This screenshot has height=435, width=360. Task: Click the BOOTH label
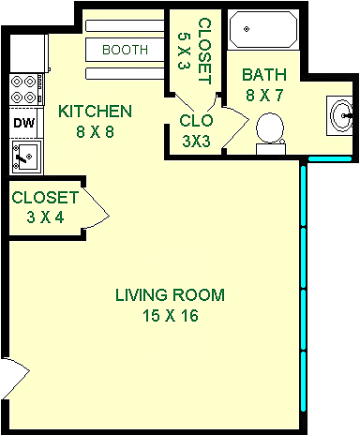125,50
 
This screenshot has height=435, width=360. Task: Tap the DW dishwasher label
24,123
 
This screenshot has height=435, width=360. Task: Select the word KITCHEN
96,112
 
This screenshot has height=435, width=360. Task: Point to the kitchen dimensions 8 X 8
96,131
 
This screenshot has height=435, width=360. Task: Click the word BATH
264,75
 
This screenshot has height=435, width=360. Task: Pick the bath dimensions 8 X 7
264,95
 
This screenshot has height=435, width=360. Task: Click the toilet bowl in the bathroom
270,128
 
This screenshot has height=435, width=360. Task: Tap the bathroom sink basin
342,115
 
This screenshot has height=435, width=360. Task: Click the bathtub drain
247,29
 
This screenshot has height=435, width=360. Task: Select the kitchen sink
26,157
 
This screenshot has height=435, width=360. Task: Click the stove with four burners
26,90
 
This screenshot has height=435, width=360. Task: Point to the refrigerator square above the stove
28,53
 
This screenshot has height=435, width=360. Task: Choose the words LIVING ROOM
170,294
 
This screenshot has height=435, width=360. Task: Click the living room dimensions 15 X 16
171,315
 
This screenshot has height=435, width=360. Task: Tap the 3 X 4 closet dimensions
46,217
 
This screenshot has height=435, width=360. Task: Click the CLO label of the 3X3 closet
196,121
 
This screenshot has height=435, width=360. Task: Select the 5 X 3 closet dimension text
184,51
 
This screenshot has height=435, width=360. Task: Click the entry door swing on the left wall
17,378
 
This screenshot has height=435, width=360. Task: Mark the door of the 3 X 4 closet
97,208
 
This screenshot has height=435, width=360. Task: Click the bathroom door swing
236,127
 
